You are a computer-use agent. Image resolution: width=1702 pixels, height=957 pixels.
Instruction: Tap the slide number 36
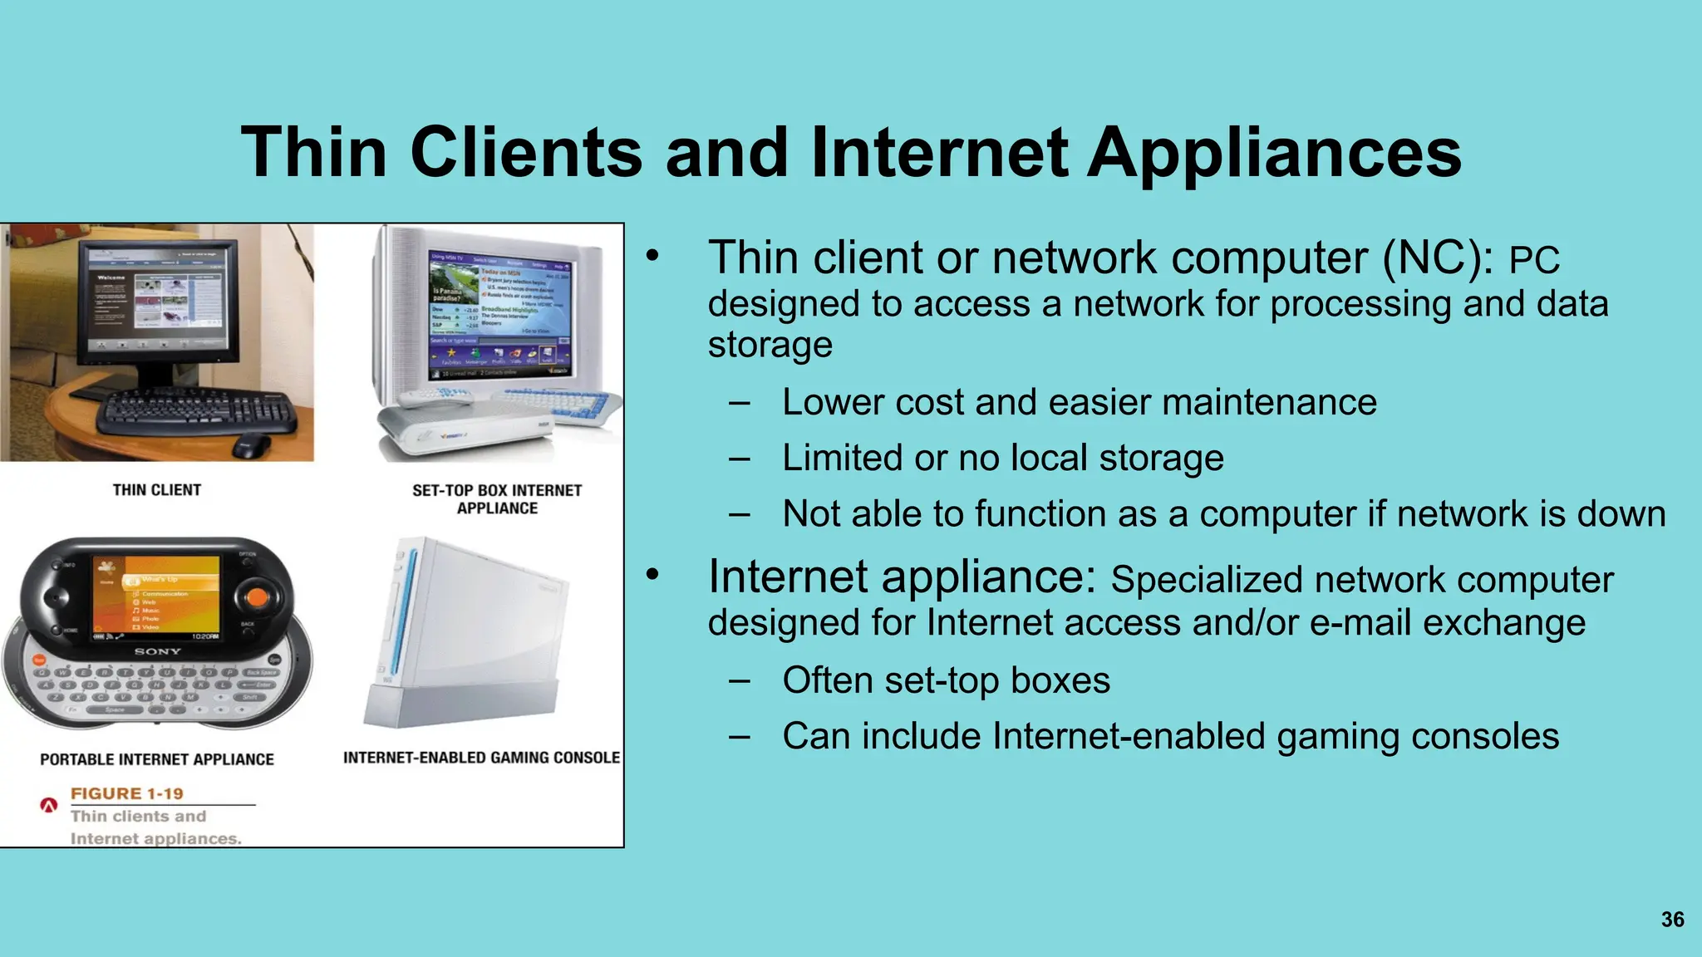[x=1672, y=920]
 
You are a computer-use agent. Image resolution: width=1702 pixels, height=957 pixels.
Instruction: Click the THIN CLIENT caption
[x=157, y=490]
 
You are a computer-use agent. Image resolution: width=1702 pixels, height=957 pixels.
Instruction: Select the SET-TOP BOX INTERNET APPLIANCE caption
[x=497, y=499]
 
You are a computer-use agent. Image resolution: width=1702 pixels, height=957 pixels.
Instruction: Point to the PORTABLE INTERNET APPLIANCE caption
[x=157, y=759]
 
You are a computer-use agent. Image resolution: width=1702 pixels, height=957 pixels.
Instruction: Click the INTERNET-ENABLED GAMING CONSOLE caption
[x=481, y=758]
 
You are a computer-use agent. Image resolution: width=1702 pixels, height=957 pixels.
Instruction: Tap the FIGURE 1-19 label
[x=126, y=793]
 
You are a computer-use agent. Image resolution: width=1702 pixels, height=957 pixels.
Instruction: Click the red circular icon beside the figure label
[x=49, y=805]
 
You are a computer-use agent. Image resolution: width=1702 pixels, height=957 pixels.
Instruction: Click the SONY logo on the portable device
[x=157, y=652]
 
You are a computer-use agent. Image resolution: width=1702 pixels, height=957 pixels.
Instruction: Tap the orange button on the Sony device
[x=258, y=596]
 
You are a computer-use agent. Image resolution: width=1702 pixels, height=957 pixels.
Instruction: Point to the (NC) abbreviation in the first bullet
[x=1437, y=258]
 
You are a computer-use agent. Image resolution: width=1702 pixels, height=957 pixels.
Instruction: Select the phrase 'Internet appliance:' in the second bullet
[x=902, y=577]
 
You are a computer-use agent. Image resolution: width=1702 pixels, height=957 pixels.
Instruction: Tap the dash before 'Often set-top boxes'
[x=739, y=681]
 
